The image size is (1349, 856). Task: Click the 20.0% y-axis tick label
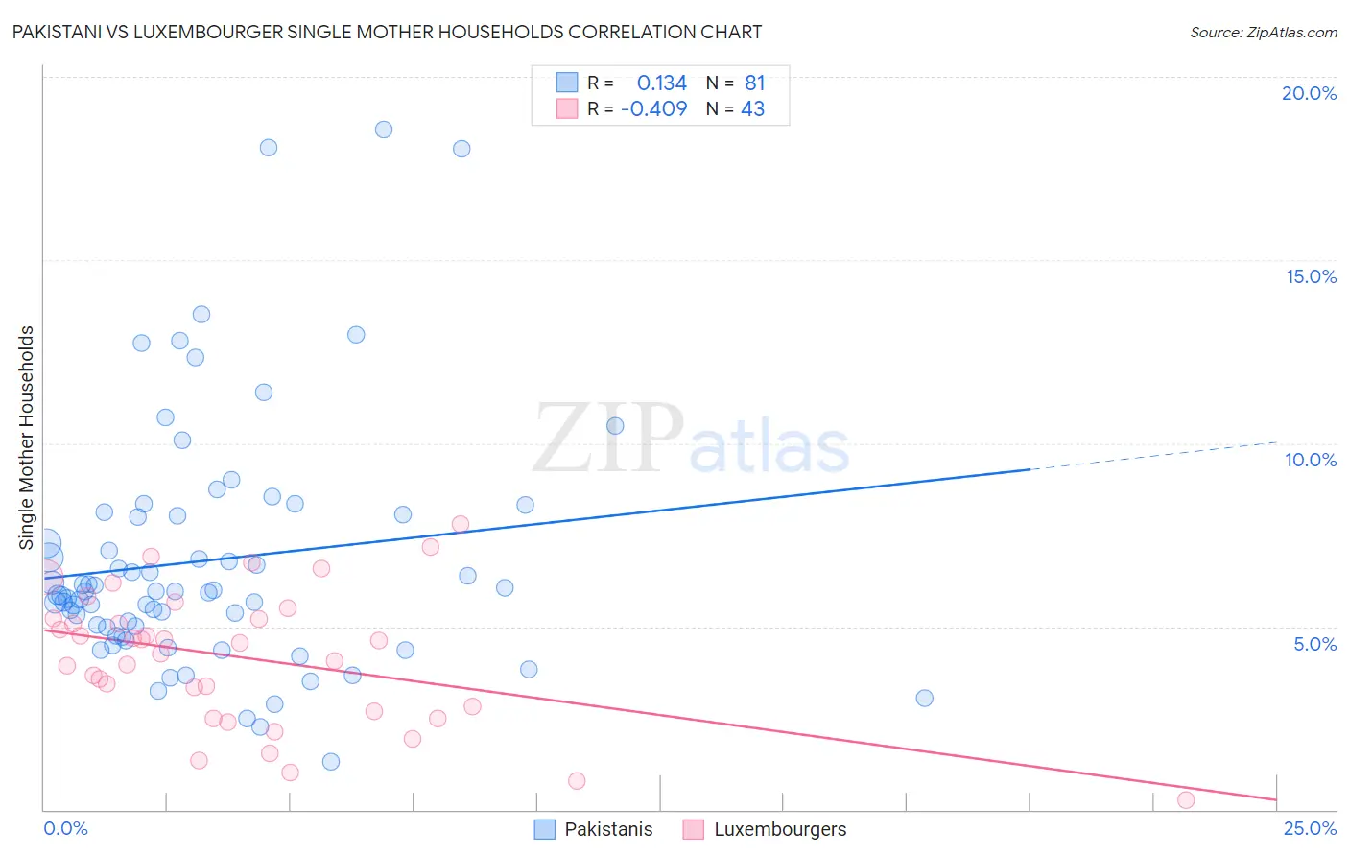tap(1309, 93)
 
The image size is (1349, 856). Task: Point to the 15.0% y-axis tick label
tap(1311, 276)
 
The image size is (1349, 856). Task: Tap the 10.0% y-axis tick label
tap(1311, 460)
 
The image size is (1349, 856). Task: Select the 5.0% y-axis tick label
tap(1314, 644)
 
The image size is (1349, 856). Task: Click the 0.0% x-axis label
tap(65, 828)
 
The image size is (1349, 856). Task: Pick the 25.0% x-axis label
tap(1310, 828)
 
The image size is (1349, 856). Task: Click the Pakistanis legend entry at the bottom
tap(607, 829)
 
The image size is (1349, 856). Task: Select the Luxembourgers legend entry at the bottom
tap(779, 829)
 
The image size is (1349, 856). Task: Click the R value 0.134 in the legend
tap(662, 83)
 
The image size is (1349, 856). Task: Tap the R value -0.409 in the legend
tap(654, 109)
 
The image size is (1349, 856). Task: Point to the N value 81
tap(755, 83)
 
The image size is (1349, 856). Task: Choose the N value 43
tap(753, 109)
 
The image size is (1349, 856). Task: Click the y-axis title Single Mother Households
tap(27, 438)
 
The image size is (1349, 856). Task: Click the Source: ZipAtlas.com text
tap(1263, 33)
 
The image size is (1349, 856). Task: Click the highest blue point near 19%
tap(384, 130)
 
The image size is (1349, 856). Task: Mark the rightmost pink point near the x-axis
tap(1186, 800)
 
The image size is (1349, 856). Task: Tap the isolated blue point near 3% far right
tap(924, 698)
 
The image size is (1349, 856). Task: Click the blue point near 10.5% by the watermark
tap(615, 425)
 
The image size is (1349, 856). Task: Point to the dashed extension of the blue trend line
tap(1151, 456)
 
